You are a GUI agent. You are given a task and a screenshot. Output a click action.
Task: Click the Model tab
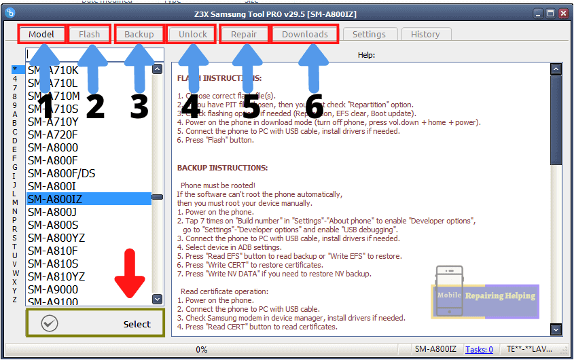[x=41, y=34]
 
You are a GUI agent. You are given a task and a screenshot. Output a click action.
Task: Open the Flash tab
[x=89, y=34]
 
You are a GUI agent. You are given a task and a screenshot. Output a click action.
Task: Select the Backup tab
[x=139, y=34]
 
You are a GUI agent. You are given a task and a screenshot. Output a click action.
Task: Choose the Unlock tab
[x=192, y=34]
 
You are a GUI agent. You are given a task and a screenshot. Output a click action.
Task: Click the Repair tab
[x=244, y=34]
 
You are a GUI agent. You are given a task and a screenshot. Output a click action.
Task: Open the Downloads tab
[x=304, y=34]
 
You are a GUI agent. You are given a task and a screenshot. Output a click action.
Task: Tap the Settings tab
[x=369, y=34]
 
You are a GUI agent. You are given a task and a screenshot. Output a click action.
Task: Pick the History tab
[x=425, y=34]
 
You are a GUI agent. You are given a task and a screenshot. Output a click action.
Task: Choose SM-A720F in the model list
[x=53, y=134]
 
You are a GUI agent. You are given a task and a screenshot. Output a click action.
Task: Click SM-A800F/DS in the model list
[x=62, y=173]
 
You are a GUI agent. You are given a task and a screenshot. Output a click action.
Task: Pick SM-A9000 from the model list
[x=53, y=289]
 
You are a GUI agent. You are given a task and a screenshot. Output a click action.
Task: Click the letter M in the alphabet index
[x=15, y=202]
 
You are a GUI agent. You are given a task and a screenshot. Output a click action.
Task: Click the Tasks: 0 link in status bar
[x=479, y=349]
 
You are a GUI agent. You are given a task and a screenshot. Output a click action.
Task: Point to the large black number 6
[x=313, y=107]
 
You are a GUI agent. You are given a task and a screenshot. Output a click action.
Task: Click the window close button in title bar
[x=563, y=13]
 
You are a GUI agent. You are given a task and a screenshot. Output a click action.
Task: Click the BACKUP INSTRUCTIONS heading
[x=222, y=167]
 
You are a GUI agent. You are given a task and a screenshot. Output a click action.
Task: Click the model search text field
[x=94, y=54]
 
